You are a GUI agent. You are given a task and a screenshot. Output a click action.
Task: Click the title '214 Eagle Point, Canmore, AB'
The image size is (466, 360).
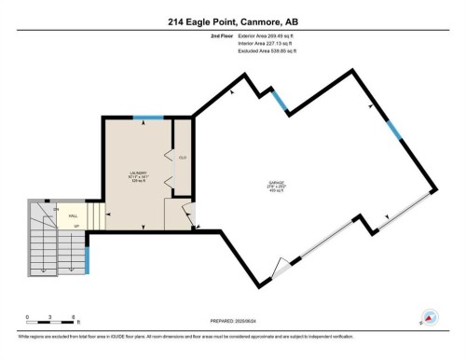[232, 21]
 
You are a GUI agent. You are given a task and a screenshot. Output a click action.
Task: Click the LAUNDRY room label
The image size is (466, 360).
[141, 173]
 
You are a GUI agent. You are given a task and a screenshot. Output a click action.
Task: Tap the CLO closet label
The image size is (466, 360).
[183, 158]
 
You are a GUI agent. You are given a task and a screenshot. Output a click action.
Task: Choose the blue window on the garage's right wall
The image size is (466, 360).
[396, 132]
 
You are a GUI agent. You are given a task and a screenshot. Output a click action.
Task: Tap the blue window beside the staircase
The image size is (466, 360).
[87, 260]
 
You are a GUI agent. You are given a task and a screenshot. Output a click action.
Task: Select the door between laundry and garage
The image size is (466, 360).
[193, 217]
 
